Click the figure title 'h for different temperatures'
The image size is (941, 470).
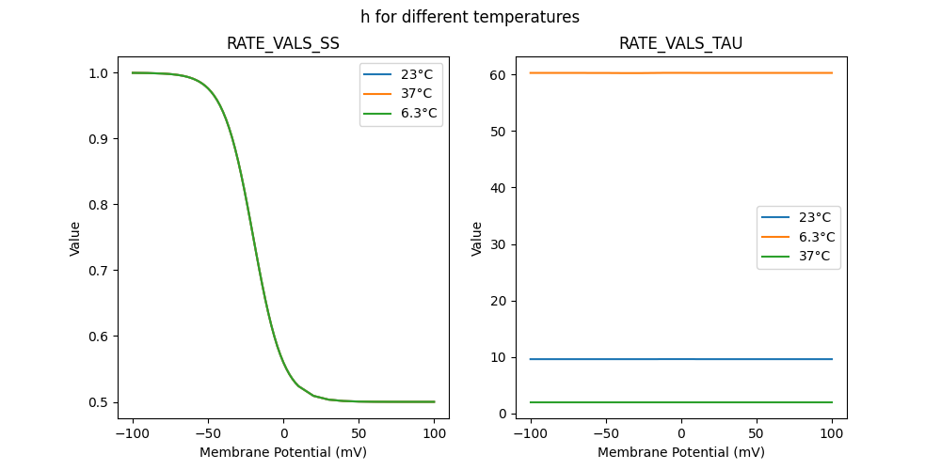click(x=470, y=17)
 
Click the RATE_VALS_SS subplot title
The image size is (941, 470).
click(x=283, y=43)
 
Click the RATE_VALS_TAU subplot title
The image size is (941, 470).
click(x=680, y=43)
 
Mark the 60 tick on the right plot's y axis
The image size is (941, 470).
click(x=498, y=74)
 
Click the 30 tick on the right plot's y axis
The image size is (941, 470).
click(x=498, y=244)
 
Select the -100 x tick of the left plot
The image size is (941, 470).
click(x=132, y=434)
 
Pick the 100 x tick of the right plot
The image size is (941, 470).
click(x=832, y=434)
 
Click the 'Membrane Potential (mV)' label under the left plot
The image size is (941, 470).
click(x=283, y=452)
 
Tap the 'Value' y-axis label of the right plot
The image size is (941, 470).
click(x=476, y=239)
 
